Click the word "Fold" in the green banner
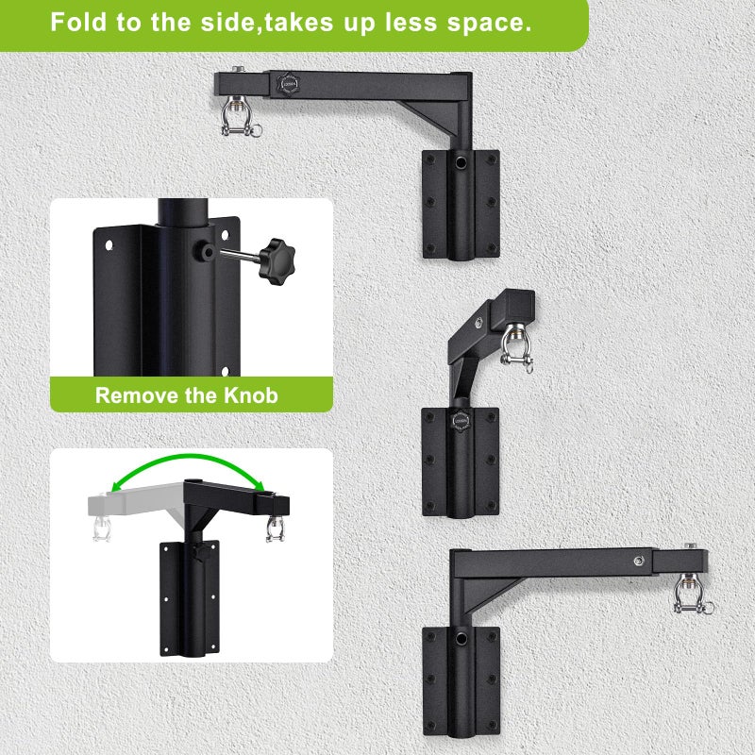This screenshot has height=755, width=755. [x=78, y=22]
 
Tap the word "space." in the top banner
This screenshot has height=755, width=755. [x=489, y=23]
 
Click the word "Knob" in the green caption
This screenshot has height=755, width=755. [x=251, y=395]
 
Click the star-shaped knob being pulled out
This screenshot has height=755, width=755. [x=277, y=261]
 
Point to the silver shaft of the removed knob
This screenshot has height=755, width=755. [x=241, y=255]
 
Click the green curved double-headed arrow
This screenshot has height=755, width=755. [x=188, y=467]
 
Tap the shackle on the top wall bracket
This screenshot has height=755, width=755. [x=240, y=116]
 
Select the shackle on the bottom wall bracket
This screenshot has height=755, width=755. [x=692, y=595]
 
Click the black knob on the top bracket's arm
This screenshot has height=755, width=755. [x=288, y=84]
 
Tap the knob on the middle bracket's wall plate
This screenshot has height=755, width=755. [x=461, y=420]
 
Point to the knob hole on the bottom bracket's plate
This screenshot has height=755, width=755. [x=461, y=639]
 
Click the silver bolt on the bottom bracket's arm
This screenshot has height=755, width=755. [x=639, y=561]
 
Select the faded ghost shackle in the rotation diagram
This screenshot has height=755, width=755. [x=102, y=528]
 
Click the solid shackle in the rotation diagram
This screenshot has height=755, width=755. [x=276, y=528]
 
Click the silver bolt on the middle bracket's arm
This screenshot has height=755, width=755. [x=478, y=323]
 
